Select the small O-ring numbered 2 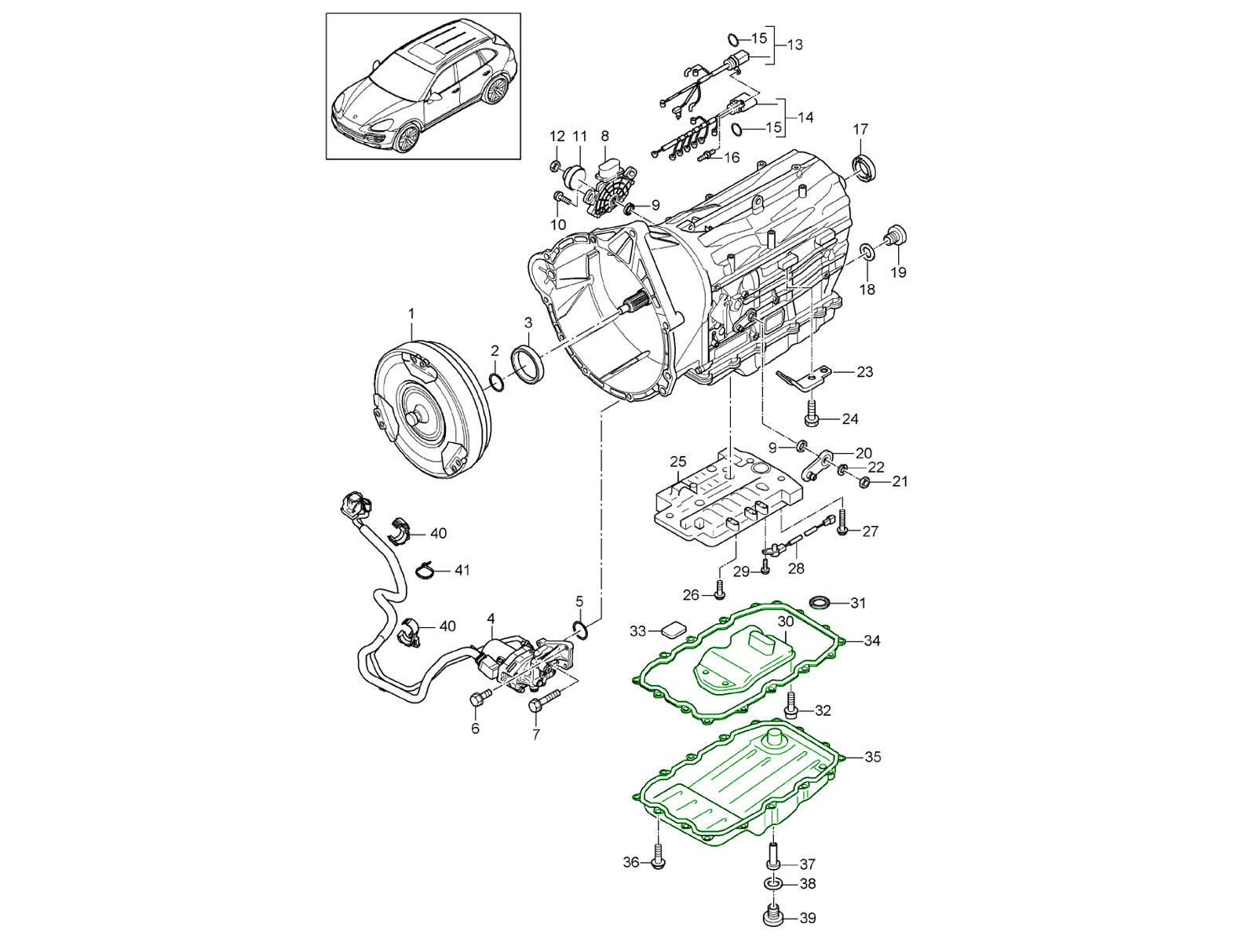[496, 382]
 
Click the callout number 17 [860, 129]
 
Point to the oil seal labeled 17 [866, 168]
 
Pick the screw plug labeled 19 [894, 235]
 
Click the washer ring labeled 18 [867, 251]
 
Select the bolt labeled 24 [812, 414]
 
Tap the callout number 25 [677, 461]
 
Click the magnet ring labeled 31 [820, 603]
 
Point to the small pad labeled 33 [673, 630]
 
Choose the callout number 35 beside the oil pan [872, 758]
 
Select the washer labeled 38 [772, 884]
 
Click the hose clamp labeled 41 [425, 568]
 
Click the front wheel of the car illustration [407, 137]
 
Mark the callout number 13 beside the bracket [794, 45]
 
